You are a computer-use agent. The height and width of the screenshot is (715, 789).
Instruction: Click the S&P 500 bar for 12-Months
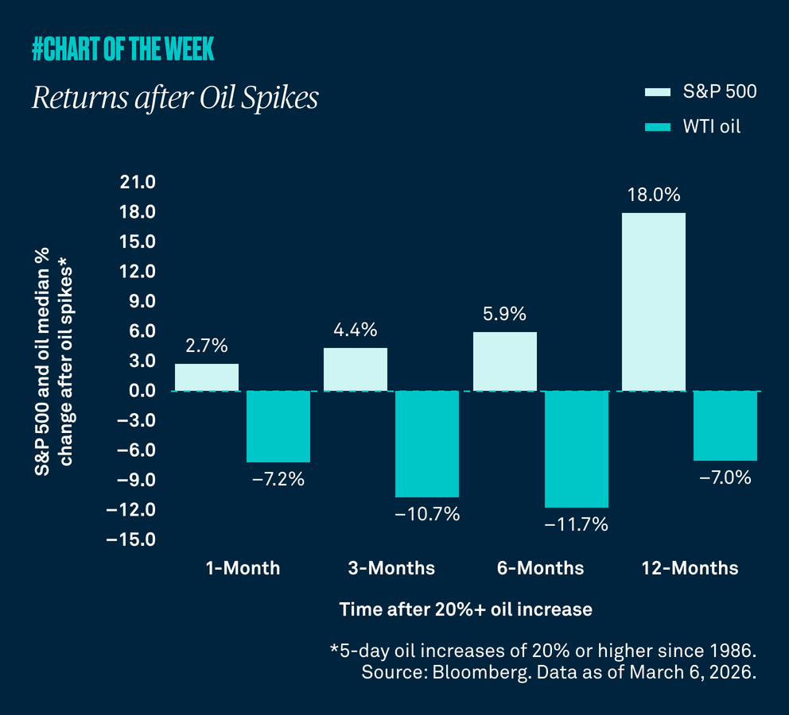653,302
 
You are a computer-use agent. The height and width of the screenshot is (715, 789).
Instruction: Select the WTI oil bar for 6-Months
577,449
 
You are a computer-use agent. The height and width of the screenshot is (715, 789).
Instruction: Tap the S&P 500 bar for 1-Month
206,377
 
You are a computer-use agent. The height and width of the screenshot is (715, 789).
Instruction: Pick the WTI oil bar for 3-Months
427,444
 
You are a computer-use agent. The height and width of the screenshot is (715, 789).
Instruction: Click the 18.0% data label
653,195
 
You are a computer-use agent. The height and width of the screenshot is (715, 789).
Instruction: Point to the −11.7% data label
577,524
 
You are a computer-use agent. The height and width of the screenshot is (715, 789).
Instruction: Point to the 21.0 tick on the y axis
138,183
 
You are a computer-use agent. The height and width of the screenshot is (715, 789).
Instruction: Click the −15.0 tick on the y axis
134,540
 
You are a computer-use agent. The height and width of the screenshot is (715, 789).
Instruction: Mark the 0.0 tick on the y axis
141,391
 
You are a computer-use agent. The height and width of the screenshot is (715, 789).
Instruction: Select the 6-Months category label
540,568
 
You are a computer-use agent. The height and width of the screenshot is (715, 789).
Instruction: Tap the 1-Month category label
243,568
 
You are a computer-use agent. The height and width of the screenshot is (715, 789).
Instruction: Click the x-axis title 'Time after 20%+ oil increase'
465,609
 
